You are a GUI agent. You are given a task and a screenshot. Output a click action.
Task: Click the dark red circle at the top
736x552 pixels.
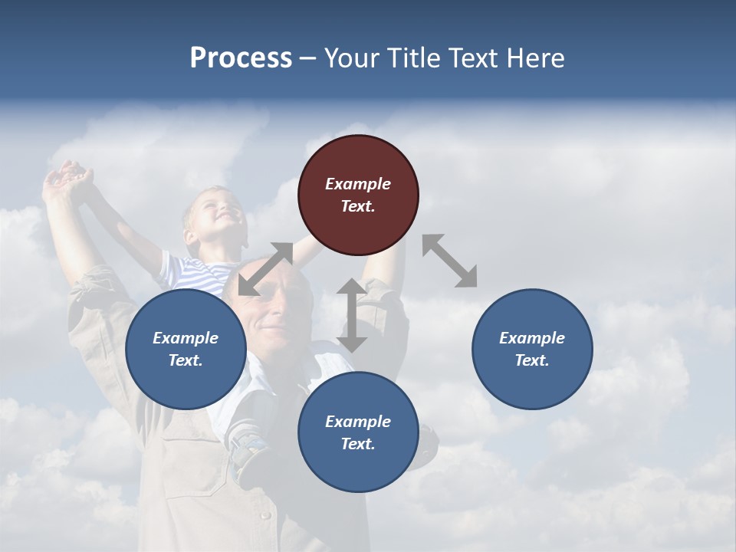358,195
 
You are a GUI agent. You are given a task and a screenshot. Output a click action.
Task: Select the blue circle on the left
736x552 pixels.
186,349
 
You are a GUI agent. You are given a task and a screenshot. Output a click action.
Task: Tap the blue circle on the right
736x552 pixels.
532,349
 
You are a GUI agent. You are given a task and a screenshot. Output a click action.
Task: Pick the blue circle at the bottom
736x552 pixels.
358,432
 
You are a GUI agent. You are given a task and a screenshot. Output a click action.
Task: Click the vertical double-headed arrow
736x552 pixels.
352,315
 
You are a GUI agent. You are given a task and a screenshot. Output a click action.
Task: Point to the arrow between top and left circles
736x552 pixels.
265,269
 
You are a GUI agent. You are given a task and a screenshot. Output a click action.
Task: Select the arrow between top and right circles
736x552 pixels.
450,261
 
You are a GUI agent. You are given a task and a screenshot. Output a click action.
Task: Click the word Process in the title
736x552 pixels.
241,58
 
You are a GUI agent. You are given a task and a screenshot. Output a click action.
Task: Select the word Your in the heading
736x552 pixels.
349,58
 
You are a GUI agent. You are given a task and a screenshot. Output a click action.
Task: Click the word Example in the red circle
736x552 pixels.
358,184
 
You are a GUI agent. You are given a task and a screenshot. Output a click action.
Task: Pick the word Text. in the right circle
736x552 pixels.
532,360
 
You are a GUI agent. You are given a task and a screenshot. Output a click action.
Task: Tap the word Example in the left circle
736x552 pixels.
186,338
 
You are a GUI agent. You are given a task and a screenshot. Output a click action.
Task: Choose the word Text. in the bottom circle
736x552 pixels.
358,444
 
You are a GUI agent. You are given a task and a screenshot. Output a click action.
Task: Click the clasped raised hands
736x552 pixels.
69,177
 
